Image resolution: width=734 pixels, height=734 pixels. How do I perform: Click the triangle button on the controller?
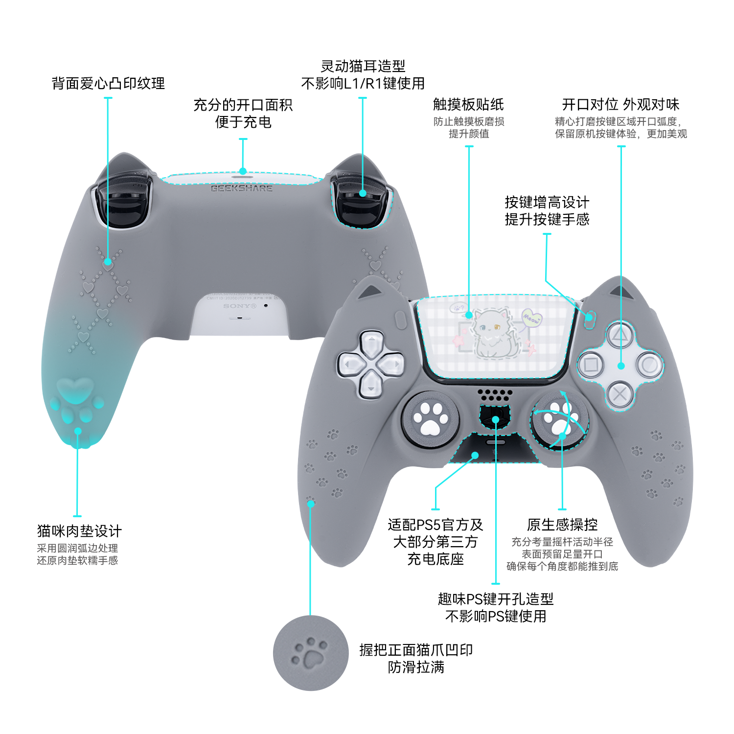pyautogui.click(x=620, y=336)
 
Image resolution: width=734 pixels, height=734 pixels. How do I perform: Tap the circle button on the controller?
pyautogui.click(x=650, y=365)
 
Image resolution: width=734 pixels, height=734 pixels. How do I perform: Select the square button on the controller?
pyautogui.click(x=591, y=366)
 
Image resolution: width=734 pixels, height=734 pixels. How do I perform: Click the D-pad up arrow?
pyautogui.click(x=371, y=343)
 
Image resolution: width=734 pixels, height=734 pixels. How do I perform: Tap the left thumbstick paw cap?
pyautogui.click(x=430, y=419)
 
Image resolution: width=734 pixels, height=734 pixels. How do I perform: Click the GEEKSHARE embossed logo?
pyautogui.click(x=241, y=188)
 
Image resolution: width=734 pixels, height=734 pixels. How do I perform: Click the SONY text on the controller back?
pyautogui.click(x=240, y=306)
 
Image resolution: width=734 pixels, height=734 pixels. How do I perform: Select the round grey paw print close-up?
pyautogui.click(x=311, y=653)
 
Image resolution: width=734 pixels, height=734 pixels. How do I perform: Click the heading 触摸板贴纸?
pyautogui.click(x=468, y=104)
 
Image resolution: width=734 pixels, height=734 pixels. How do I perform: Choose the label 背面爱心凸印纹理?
pyautogui.click(x=108, y=83)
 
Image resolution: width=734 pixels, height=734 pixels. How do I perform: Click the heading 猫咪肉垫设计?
pyautogui.click(x=79, y=531)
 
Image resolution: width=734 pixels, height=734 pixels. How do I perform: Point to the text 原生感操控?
pyautogui.click(x=562, y=525)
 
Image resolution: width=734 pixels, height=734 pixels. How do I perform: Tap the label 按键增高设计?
pyautogui.click(x=547, y=202)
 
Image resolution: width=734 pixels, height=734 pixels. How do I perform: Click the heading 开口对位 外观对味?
pyautogui.click(x=620, y=104)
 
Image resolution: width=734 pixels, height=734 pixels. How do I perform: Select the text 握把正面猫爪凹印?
pyautogui.click(x=416, y=650)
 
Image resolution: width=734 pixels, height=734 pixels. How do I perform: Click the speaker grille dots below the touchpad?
pyautogui.click(x=495, y=394)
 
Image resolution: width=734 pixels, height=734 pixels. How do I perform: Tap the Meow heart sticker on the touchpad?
pyautogui.click(x=532, y=318)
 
